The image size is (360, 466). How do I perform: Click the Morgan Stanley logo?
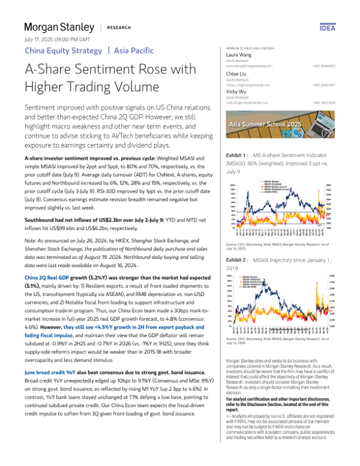tap(59, 28)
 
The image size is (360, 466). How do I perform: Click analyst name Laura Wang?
tap(238, 55)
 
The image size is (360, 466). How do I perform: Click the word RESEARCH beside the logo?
tap(119, 28)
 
